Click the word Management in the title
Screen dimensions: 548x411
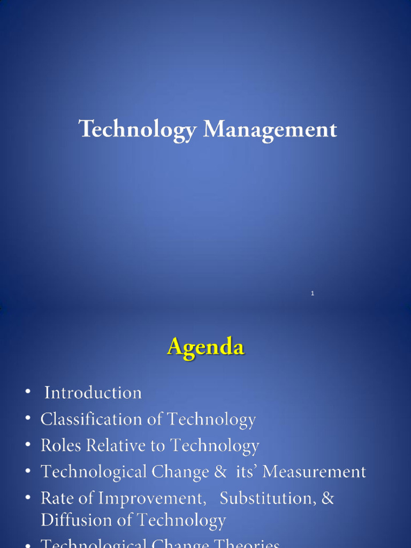pyautogui.click(x=270, y=130)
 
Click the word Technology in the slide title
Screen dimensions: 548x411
pyautogui.click(x=138, y=130)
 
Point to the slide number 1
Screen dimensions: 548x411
pyautogui.click(x=313, y=293)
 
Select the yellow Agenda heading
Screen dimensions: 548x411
pyautogui.click(x=205, y=348)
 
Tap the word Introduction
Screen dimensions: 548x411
pyautogui.click(x=93, y=393)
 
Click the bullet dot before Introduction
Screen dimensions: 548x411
pyautogui.click(x=27, y=393)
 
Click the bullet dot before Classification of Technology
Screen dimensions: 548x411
pyautogui.click(x=27, y=419)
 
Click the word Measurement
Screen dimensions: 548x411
pyautogui.click(x=314, y=472)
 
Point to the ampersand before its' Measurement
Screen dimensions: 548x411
pyautogui.click(x=220, y=472)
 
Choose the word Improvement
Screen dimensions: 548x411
pyautogui.click(x=153, y=498)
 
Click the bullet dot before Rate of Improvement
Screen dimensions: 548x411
pyautogui.click(x=27, y=498)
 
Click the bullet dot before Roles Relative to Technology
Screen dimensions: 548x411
pyautogui.click(x=27, y=445)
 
